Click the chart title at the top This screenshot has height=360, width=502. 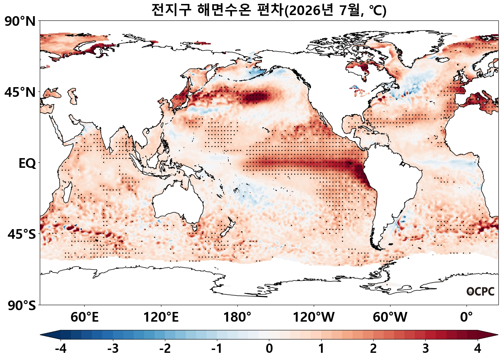(x=269, y=10)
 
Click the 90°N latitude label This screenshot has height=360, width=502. (x=20, y=22)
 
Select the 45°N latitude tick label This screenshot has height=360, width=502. (x=20, y=93)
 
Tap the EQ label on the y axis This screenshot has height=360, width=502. (x=27, y=164)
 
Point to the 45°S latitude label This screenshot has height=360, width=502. (x=22, y=234)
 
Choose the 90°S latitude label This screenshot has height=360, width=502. (x=22, y=305)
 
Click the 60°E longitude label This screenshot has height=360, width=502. (x=85, y=317)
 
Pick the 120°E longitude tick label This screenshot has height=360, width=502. (x=161, y=317)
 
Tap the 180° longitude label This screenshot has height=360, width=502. (x=237, y=317)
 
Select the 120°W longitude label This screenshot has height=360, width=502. (x=314, y=317)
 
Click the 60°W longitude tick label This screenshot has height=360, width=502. (x=390, y=317)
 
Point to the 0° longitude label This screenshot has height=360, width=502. (x=467, y=317)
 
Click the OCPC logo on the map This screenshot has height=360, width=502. (x=480, y=292)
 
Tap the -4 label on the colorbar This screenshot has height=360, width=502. (x=61, y=349)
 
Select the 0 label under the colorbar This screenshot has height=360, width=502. (x=269, y=349)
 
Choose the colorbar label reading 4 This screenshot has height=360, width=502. (x=478, y=349)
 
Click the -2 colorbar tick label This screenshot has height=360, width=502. (x=165, y=349)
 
